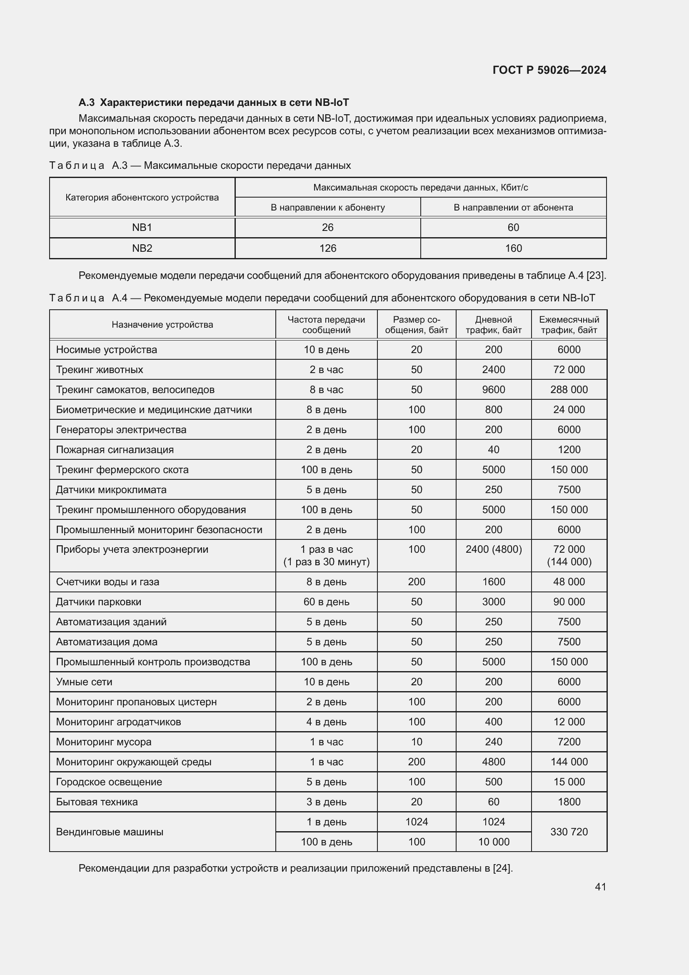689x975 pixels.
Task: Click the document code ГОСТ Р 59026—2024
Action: point(549,70)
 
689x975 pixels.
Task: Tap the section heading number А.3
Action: point(87,103)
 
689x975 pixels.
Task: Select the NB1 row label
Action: point(142,228)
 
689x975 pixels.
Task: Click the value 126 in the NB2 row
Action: point(327,248)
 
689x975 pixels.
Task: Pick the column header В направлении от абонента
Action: point(513,208)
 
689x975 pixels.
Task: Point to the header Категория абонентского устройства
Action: point(142,198)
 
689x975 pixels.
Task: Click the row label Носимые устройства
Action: point(107,349)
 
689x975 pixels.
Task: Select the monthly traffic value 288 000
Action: point(569,389)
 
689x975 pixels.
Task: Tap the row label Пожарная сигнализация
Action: point(115,450)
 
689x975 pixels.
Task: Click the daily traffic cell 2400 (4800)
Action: point(493,549)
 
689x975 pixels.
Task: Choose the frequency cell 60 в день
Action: point(326,602)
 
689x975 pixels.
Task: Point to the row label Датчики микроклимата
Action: point(111,490)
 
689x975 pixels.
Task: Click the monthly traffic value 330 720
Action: point(569,832)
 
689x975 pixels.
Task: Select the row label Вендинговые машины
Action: point(110,832)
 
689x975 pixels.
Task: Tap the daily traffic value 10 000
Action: point(493,842)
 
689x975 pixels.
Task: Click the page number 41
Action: point(600,887)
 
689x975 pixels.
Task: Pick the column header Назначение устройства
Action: point(162,325)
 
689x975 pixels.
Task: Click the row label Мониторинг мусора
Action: point(104,742)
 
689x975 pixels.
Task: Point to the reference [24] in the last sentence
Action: point(502,868)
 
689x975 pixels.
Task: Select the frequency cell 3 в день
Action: point(326,802)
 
